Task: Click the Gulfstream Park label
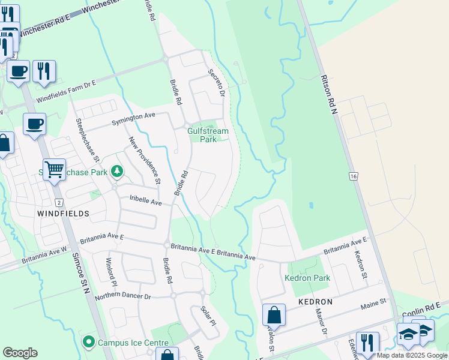click(x=208, y=134)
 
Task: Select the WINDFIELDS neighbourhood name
click(x=63, y=213)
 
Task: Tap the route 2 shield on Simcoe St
click(x=59, y=202)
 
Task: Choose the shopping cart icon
click(x=54, y=170)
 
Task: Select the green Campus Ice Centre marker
click(x=89, y=343)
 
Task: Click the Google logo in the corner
click(x=20, y=353)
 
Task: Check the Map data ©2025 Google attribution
click(x=412, y=355)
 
